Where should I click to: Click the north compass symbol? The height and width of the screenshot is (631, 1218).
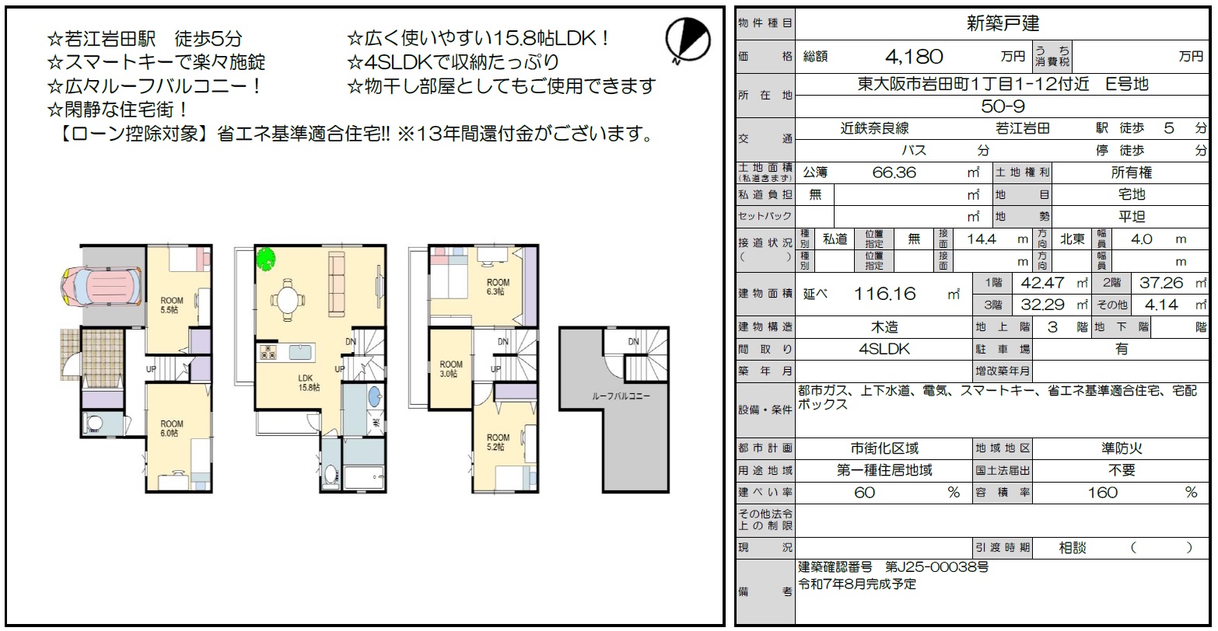(688, 39)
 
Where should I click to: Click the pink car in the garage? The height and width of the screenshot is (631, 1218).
(101, 287)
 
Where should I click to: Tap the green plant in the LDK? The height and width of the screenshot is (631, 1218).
(266, 259)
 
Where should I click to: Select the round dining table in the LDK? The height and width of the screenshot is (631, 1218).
(286, 299)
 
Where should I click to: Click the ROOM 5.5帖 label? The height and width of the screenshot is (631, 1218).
(171, 305)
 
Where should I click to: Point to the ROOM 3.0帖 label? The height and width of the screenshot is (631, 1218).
(451, 369)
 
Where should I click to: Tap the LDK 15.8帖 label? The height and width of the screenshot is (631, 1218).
(308, 382)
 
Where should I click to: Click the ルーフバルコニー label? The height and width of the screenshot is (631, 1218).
(621, 396)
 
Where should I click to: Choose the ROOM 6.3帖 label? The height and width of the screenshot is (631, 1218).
(498, 287)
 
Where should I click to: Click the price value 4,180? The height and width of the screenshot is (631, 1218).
(914, 57)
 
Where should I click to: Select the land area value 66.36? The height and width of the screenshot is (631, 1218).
(894, 173)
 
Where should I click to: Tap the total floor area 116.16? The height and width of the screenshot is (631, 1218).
(884, 294)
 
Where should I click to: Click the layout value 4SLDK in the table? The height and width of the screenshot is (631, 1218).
(884, 349)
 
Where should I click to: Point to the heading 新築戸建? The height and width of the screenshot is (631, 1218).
(1003, 23)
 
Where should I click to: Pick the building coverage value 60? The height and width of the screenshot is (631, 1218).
(864, 493)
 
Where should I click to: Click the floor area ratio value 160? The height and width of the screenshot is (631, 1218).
(1102, 493)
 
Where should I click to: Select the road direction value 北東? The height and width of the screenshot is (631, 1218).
(1073, 239)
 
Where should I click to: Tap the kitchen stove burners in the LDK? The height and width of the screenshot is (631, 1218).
(268, 352)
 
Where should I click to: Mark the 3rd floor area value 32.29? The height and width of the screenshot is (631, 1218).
(1042, 305)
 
